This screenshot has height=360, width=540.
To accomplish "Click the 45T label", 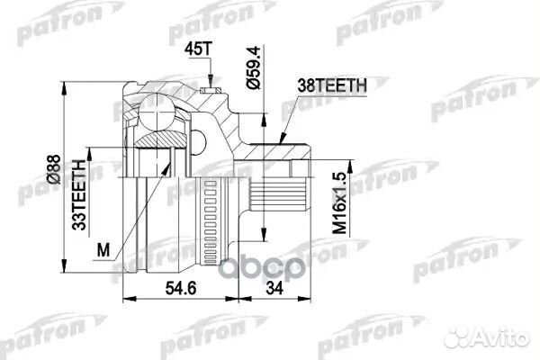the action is pyautogui.click(x=197, y=49).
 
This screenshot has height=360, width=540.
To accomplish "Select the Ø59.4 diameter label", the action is pyautogui.click(x=254, y=68).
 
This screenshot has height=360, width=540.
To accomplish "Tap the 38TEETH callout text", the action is pyautogui.click(x=332, y=85).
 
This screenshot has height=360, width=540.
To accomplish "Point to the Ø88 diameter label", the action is pyautogui.click(x=54, y=169).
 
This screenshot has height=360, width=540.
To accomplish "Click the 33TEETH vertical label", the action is pyautogui.click(x=79, y=195).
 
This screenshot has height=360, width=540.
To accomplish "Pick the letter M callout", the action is pyautogui.click(x=103, y=249).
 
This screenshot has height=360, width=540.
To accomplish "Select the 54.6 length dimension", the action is pyautogui.click(x=181, y=288).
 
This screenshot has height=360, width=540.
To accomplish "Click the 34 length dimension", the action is pyautogui.click(x=274, y=288).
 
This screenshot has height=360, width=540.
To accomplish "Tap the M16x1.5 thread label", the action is pyautogui.click(x=339, y=203).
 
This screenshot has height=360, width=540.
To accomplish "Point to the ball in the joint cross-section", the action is pyautogui.click(x=157, y=111).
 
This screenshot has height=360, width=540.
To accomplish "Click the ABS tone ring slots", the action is pyautogui.click(x=210, y=222).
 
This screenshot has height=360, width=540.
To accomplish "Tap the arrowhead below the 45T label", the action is pyautogui.click(x=211, y=81).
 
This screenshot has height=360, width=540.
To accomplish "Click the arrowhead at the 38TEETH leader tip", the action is pyautogui.click(x=282, y=139).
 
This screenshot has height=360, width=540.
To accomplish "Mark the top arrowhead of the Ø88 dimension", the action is pyautogui.click(x=64, y=88).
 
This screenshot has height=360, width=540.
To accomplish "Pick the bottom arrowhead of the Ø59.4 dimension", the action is pyautogui.click(x=264, y=235).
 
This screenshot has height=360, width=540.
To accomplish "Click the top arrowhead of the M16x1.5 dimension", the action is pyautogui.click(x=351, y=166).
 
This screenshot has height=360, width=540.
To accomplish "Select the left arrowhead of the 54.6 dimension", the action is pyautogui.click(x=130, y=299).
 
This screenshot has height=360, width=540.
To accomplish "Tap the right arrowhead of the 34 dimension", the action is pyautogui.click(x=304, y=299).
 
